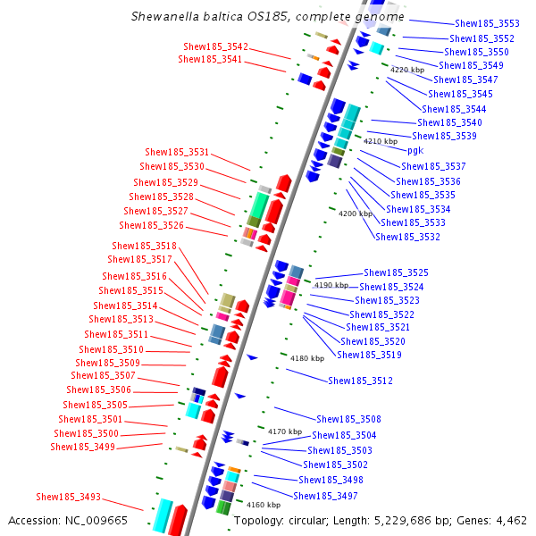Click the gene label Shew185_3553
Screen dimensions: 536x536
coord(487,24)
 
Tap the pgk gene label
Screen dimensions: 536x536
coord(415,151)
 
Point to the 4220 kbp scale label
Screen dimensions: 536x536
coord(406,69)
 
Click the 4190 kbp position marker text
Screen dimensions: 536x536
coord(330,285)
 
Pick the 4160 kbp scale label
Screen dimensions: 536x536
coord(264,505)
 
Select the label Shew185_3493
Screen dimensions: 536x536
coord(68,497)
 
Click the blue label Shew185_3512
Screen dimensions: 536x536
coord(360,381)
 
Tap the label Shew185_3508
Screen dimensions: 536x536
coord(348,419)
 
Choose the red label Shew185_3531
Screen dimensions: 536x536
coord(177,152)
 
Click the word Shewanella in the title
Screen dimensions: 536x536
coord(168,16)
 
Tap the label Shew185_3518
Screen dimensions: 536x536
coord(144,246)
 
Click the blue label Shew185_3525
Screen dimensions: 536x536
coord(396,272)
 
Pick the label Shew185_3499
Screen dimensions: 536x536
coord(82,447)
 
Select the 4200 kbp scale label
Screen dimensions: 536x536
coord(356,214)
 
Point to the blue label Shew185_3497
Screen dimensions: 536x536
coord(325,496)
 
